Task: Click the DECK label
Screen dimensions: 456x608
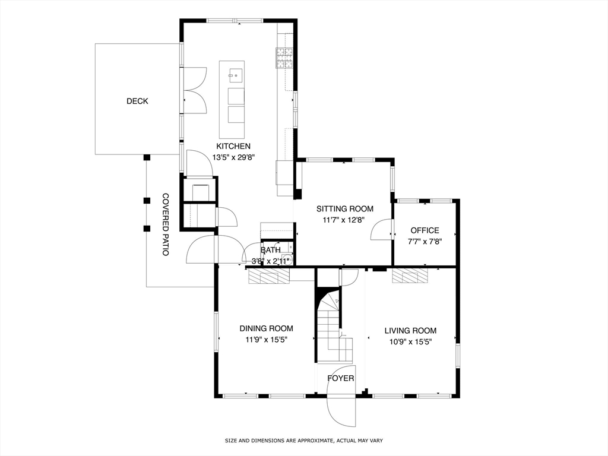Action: click(x=137, y=102)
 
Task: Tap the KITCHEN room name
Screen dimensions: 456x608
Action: click(x=233, y=146)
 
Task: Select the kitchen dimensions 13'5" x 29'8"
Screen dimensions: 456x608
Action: click(x=233, y=157)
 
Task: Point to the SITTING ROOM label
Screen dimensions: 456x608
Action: click(x=345, y=209)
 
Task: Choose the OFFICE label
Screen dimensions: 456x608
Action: click(x=425, y=230)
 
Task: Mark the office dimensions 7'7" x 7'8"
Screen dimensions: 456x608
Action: click(x=425, y=242)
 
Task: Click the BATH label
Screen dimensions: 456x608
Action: click(x=270, y=250)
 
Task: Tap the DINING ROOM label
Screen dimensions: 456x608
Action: click(x=266, y=328)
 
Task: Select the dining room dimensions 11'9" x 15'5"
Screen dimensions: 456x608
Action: click(x=266, y=341)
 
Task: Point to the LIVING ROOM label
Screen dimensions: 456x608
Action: click(x=410, y=331)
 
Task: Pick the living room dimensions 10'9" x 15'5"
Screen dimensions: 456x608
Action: click(x=410, y=342)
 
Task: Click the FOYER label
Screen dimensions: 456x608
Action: click(x=341, y=378)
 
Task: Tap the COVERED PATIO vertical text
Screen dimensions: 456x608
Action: click(x=166, y=225)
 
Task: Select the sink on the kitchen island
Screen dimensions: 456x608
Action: click(x=235, y=75)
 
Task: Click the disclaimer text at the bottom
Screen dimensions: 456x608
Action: click(x=303, y=441)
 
